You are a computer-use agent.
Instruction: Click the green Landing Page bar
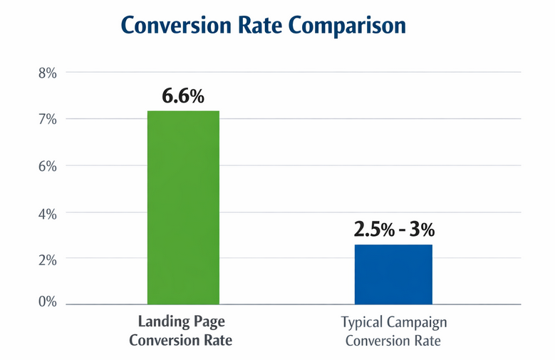(x=183, y=207)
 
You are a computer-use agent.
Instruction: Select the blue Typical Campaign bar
(x=393, y=274)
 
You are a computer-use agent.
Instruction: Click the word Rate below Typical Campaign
(x=425, y=341)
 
